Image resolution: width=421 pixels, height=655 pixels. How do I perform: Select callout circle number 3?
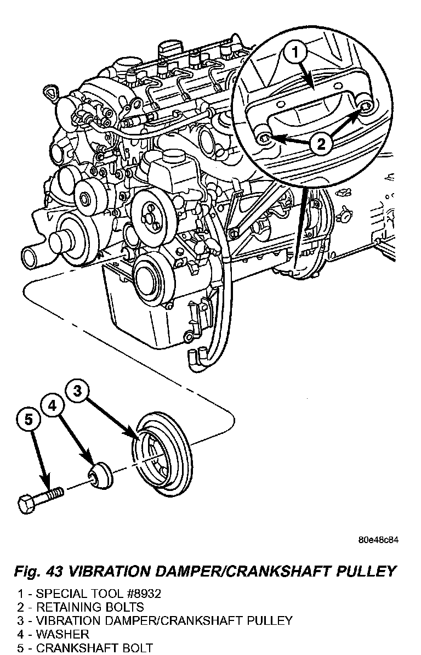pyautogui.click(x=78, y=391)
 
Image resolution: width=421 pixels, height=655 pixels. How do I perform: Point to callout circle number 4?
pyautogui.click(x=53, y=406)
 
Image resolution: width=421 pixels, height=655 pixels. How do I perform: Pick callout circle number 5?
pyautogui.click(x=29, y=420)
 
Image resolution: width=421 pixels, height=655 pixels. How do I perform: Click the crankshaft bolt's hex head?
pyautogui.click(x=27, y=503)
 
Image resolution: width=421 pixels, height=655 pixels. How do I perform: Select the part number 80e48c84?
pyautogui.click(x=378, y=540)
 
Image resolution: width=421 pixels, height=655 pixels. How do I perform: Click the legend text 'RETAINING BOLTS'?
pyautogui.click(x=90, y=607)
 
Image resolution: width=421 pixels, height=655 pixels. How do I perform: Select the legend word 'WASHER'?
pyautogui.click(x=62, y=635)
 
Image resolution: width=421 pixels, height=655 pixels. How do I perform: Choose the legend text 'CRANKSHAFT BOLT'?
pyautogui.click(x=94, y=648)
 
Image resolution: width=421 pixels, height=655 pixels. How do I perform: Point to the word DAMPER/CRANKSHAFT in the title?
pyautogui.click(x=236, y=571)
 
